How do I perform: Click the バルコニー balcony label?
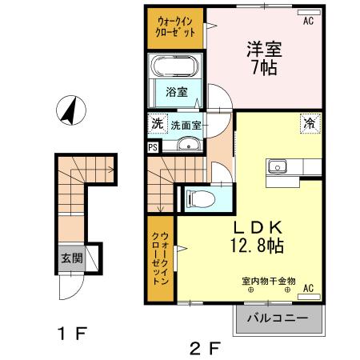(x=277, y=318)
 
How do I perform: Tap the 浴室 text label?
(x=177, y=92)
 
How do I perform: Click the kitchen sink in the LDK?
(x=278, y=166)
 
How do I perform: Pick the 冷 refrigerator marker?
(x=308, y=123)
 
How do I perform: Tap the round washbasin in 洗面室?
(x=189, y=145)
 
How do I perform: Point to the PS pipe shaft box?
(x=153, y=146)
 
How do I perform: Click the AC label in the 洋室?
(x=307, y=22)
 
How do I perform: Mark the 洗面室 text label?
(x=186, y=124)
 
